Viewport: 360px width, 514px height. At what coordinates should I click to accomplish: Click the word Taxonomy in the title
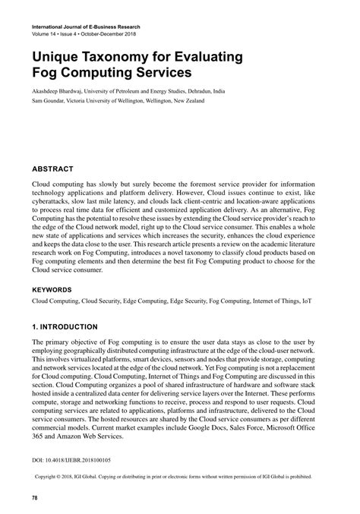(122, 56)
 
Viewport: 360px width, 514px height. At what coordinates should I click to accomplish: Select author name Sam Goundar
(50, 100)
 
